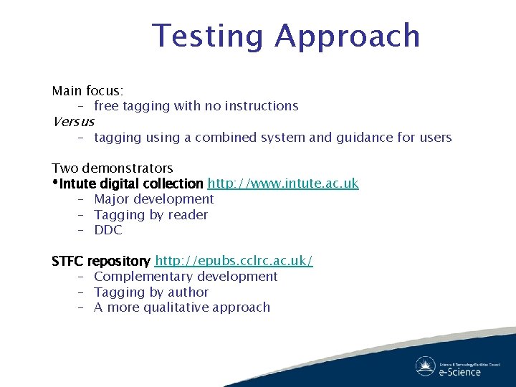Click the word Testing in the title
(209, 36)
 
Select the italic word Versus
(73, 121)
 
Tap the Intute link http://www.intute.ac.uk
(283, 183)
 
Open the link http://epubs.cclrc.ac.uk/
(234, 261)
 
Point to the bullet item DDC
(108, 230)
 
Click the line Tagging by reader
(150, 215)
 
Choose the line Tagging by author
(150, 292)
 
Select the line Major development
(153, 199)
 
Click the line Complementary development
(185, 277)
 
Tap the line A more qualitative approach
(181, 307)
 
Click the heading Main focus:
(87, 91)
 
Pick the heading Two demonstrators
(113, 168)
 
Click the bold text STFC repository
(101, 261)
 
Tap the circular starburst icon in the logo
(425, 365)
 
